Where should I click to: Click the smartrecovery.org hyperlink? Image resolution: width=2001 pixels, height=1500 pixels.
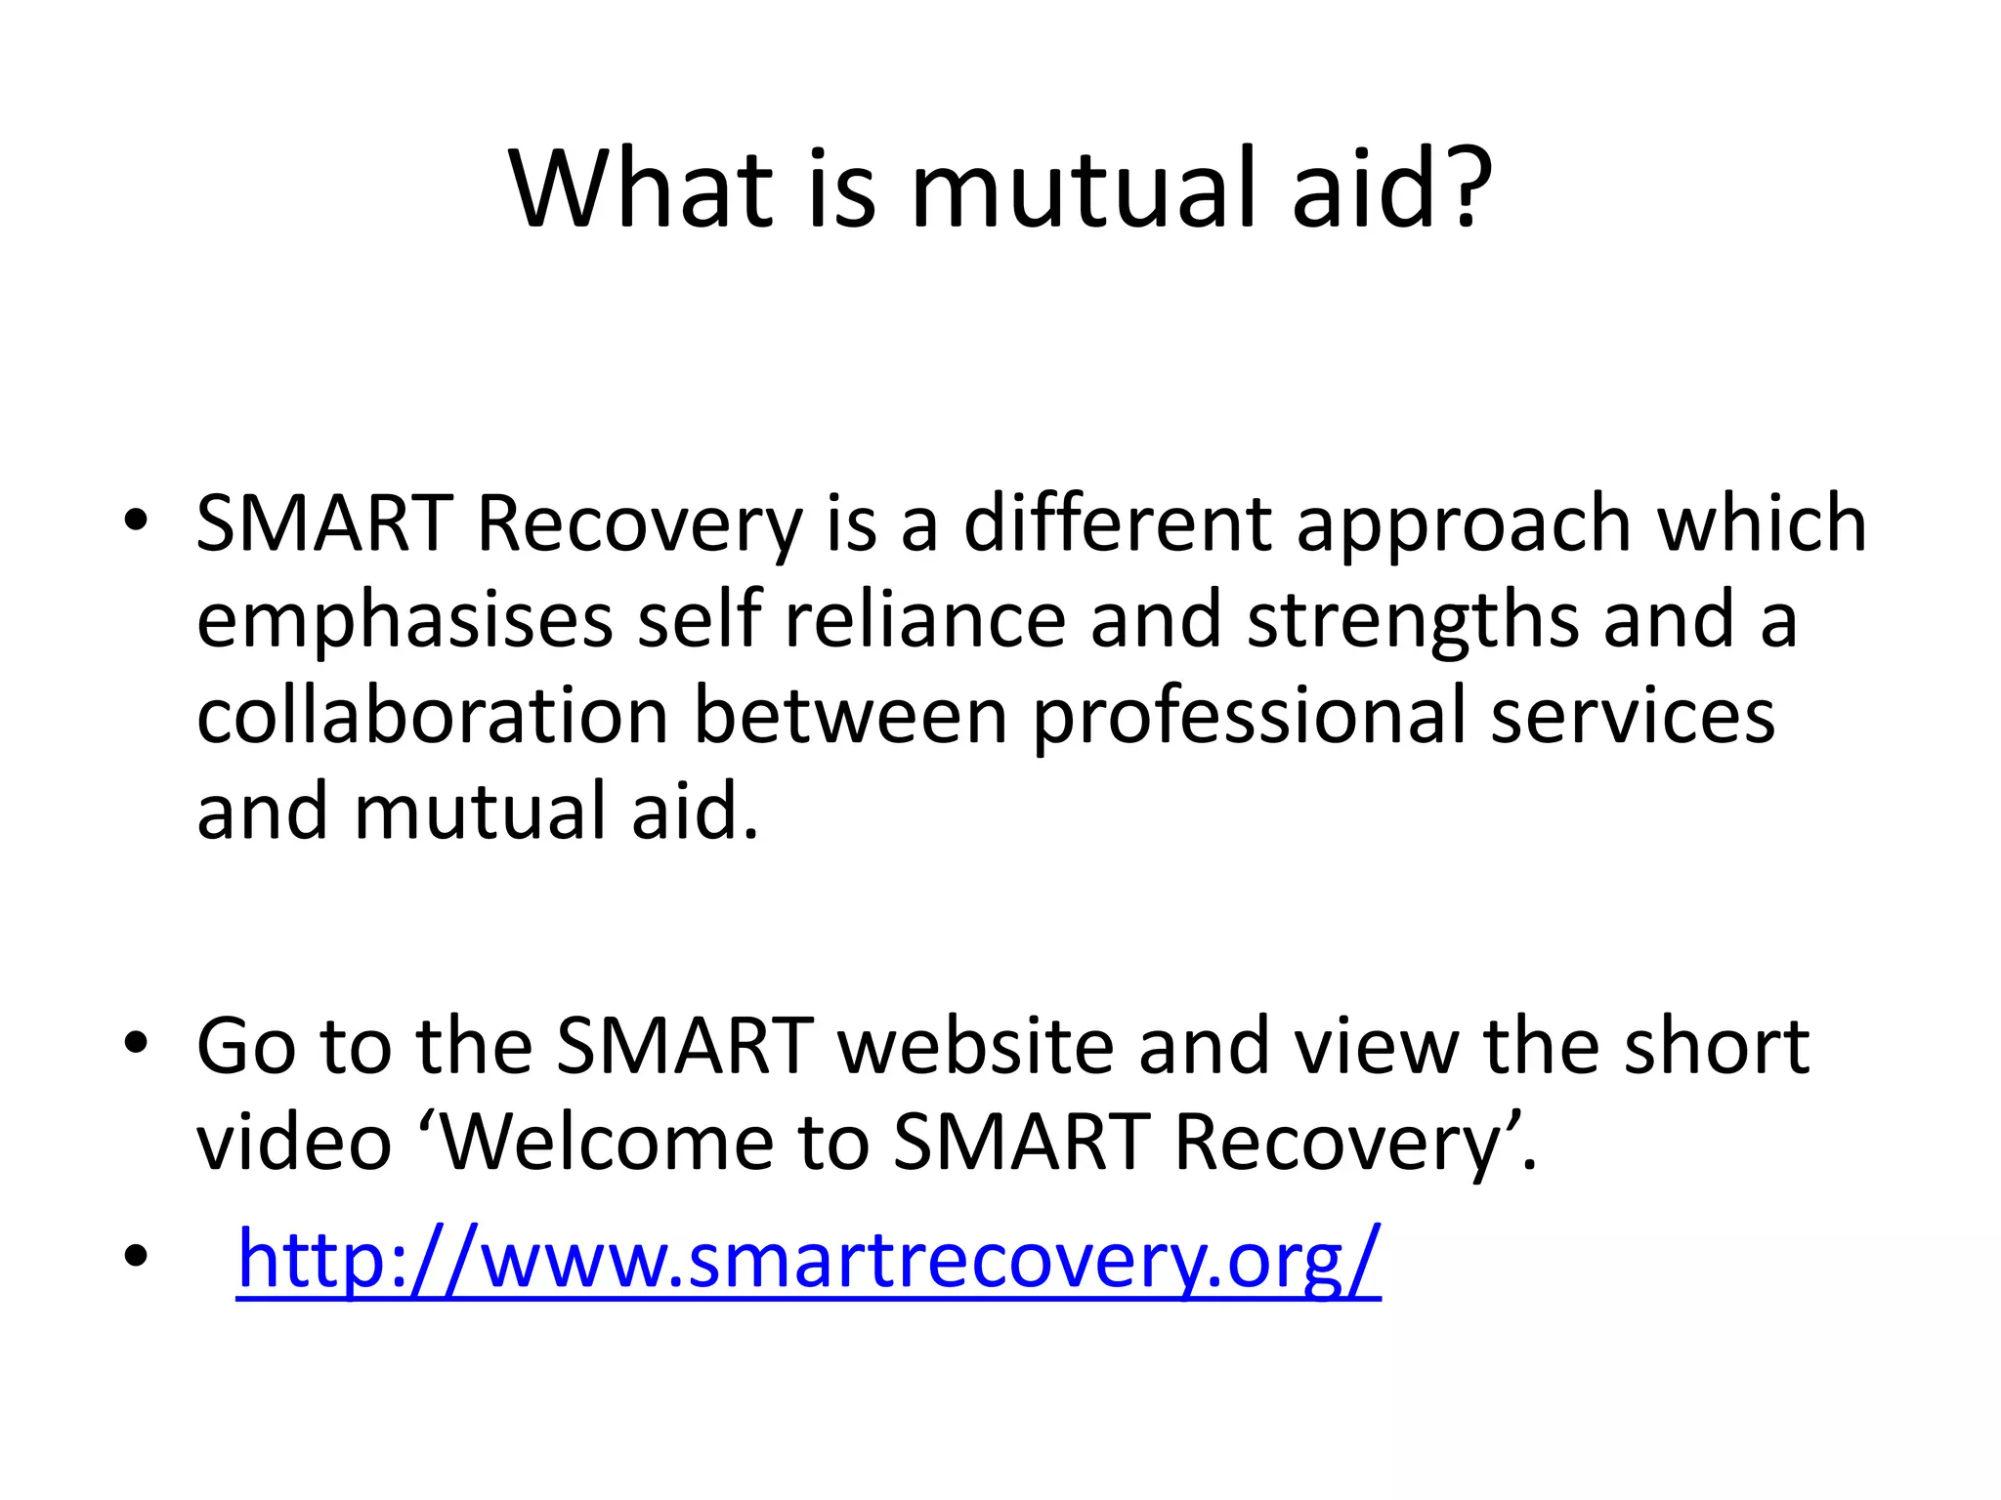[x=809, y=1260]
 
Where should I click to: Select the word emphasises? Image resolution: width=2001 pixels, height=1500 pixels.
[x=404, y=621]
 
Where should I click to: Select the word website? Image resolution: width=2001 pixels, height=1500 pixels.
[x=975, y=1046]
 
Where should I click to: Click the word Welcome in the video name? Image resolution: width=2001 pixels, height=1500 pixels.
[x=608, y=1142]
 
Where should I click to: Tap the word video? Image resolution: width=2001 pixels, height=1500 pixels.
[x=293, y=1142]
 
